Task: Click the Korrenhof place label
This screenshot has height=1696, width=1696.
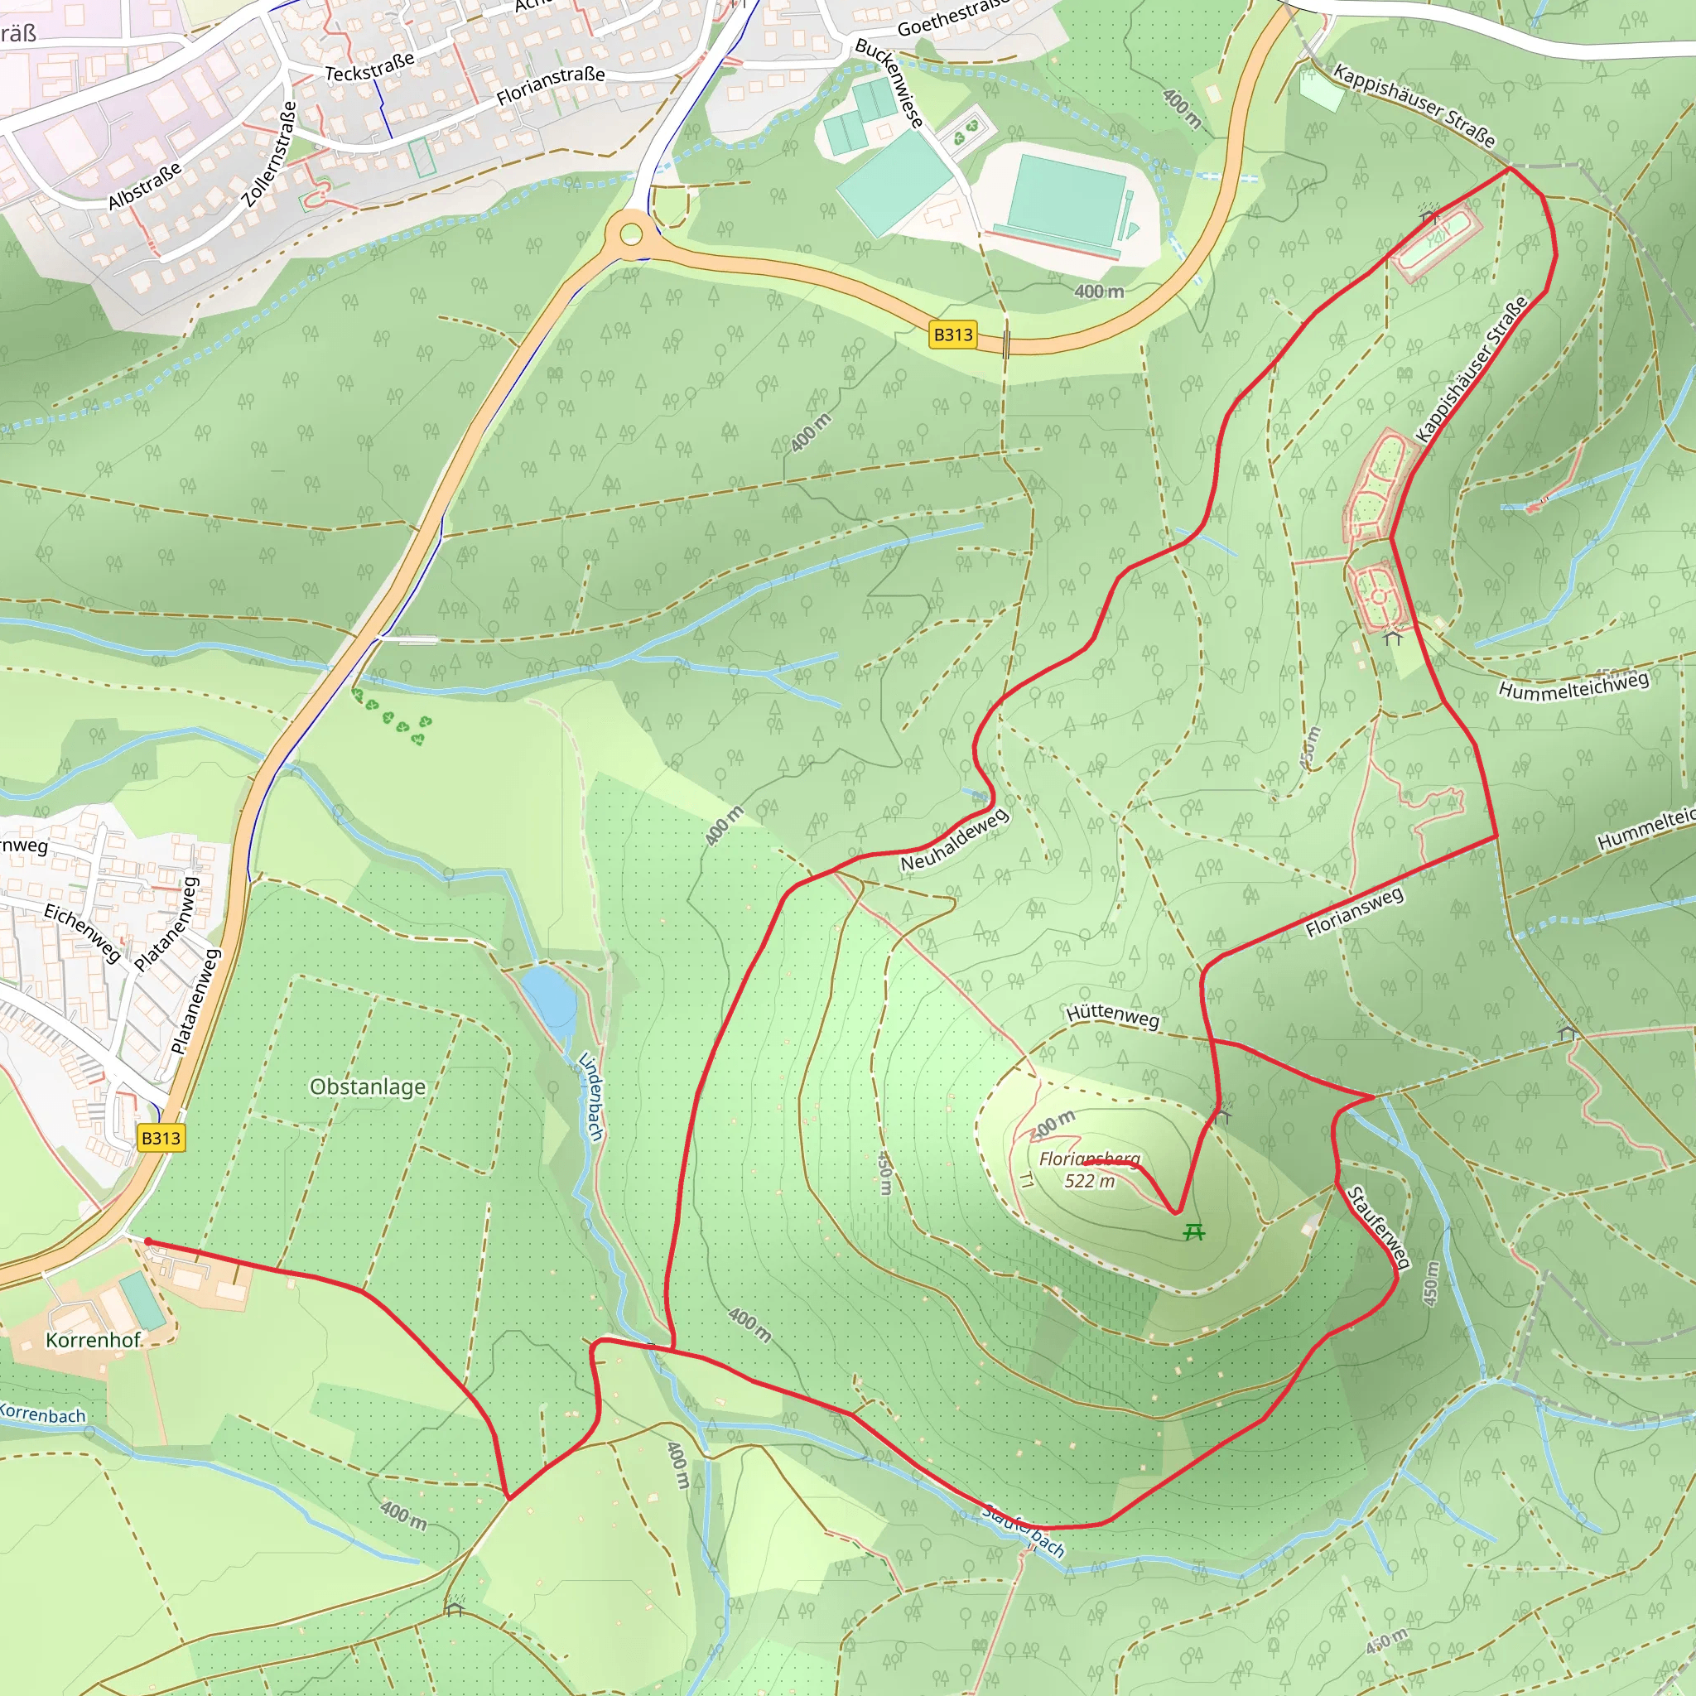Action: [92, 1340]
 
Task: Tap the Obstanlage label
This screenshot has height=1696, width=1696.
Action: [368, 1086]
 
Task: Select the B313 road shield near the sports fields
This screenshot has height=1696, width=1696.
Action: [952, 335]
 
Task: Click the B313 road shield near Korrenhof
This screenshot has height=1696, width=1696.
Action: [161, 1138]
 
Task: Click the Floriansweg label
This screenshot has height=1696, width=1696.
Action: [1354, 912]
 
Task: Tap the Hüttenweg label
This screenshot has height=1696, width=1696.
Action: [1112, 1014]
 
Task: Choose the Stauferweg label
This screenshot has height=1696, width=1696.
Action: [1378, 1227]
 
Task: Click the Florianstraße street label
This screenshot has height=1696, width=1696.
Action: [551, 85]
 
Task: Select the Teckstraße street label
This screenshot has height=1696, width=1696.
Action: [369, 68]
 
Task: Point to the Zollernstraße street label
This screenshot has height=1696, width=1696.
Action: [269, 155]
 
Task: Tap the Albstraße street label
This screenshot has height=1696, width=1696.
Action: [145, 186]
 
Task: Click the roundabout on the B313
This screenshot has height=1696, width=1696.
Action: [631, 234]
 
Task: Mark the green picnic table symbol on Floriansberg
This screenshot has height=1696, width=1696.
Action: [1193, 1232]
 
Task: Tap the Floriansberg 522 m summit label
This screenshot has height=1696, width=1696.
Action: [1090, 1169]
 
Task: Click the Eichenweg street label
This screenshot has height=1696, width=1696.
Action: [83, 932]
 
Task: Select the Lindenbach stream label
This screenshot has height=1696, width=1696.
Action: [590, 1096]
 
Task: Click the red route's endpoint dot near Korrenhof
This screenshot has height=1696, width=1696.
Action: [149, 1241]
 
